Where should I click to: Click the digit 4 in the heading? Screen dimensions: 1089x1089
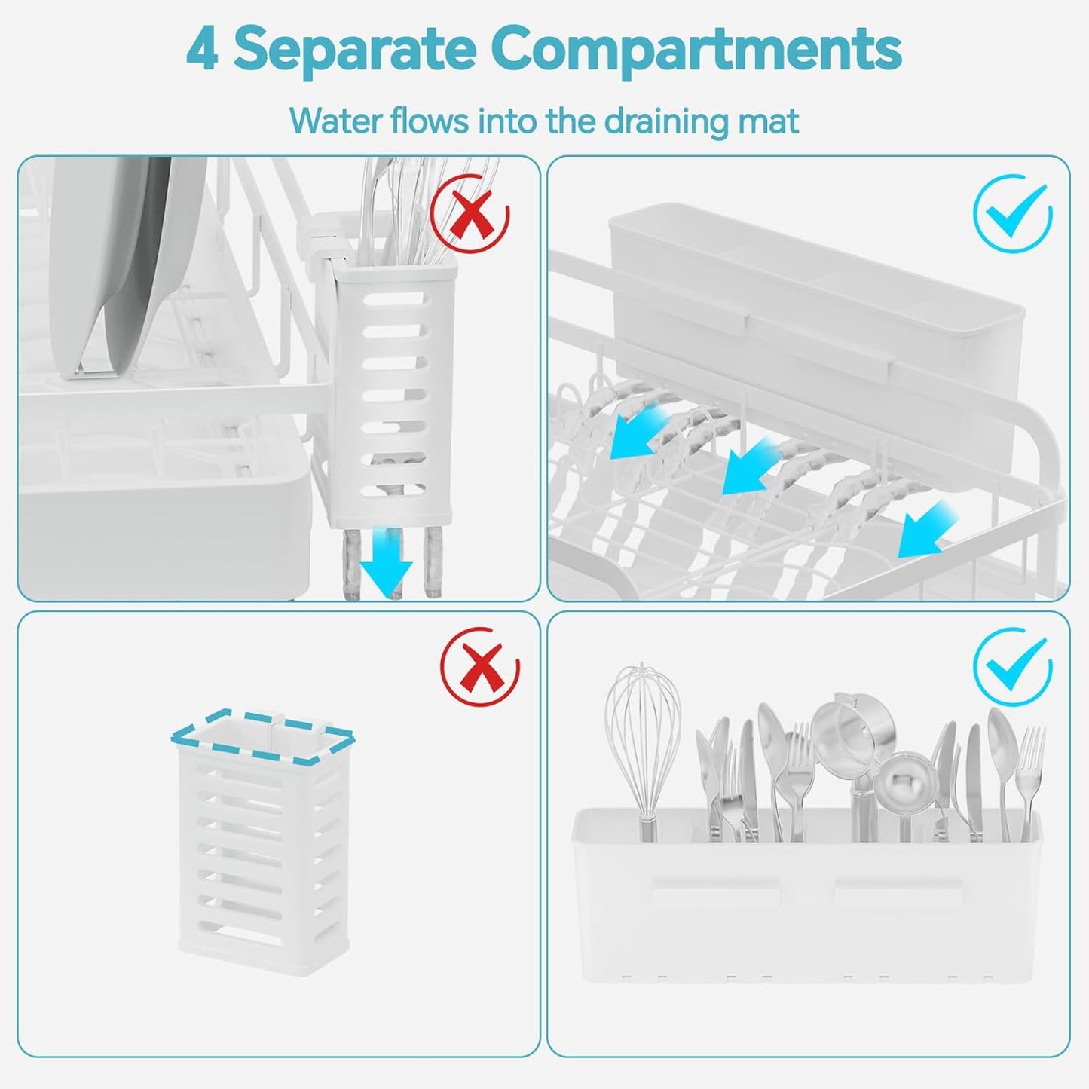[202, 49]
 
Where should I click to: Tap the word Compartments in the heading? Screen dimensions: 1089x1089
[696, 49]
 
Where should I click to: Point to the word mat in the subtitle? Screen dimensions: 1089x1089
[769, 121]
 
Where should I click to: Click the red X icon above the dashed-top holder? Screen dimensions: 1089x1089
[480, 667]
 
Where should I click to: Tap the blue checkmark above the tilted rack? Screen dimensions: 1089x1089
[1012, 213]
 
